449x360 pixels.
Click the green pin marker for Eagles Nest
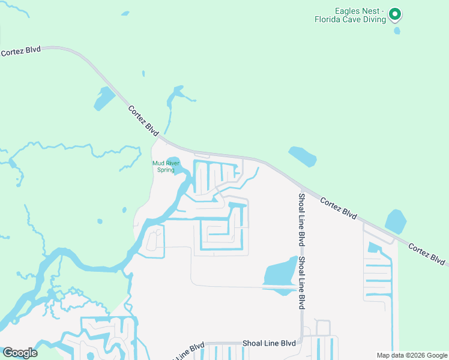[x=394, y=14]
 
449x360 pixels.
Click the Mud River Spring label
[x=166, y=166]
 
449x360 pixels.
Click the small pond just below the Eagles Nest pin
[x=397, y=30]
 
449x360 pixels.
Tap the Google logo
[x=20, y=353]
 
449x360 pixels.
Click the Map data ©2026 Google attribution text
[x=412, y=355]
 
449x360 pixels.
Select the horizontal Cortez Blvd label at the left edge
[x=20, y=51]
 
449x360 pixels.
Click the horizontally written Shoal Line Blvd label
[x=270, y=343]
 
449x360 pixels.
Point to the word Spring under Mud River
[x=166, y=170]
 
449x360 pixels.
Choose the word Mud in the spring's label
[x=158, y=163]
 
